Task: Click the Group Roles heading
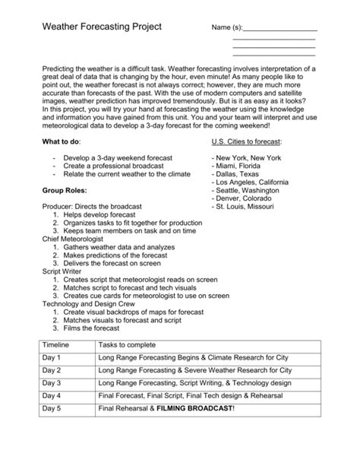point(65,190)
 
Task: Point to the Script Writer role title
point(63,271)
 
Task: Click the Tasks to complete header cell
point(126,344)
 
